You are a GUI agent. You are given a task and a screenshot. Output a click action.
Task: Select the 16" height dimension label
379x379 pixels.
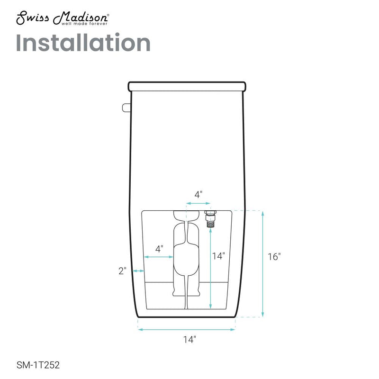coord(273,257)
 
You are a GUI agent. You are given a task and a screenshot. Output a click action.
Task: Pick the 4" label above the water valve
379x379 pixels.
coord(199,194)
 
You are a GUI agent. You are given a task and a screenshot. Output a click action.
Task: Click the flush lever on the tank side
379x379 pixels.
coord(126,108)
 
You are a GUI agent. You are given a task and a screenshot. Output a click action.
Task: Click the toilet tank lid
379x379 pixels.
coord(187,86)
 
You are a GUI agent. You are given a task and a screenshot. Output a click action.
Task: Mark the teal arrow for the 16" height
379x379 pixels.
coord(262,263)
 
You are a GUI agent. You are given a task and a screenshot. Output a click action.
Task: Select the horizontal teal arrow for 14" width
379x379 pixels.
coord(187,330)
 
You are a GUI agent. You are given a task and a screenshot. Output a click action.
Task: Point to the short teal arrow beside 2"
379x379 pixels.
coord(138,271)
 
